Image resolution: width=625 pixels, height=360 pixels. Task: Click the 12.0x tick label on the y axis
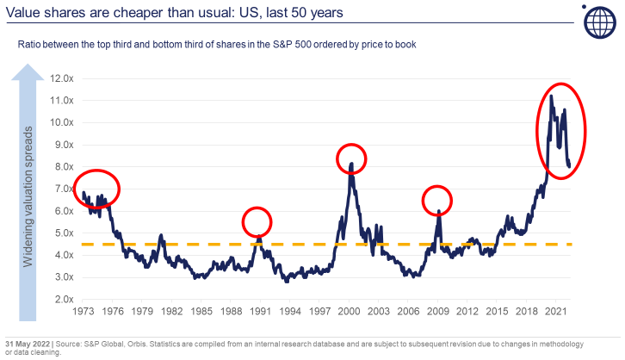coord(63,78)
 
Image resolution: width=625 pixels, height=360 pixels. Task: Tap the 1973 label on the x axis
coord(84,310)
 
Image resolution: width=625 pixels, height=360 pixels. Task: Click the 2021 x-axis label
coord(556,310)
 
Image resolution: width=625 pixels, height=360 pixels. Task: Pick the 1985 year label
coord(201,310)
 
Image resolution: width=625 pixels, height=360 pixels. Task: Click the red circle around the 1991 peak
coord(257,222)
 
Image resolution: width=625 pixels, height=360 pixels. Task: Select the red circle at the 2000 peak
coord(351,158)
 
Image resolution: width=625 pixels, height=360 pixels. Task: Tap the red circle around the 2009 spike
coord(437,201)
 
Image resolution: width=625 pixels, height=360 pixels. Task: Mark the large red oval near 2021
coord(561,131)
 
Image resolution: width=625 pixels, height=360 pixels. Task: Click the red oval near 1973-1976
coord(96,189)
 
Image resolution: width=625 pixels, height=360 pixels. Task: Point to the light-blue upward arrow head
coord(28,75)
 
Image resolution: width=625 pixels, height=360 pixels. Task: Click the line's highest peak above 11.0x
coord(551,96)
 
